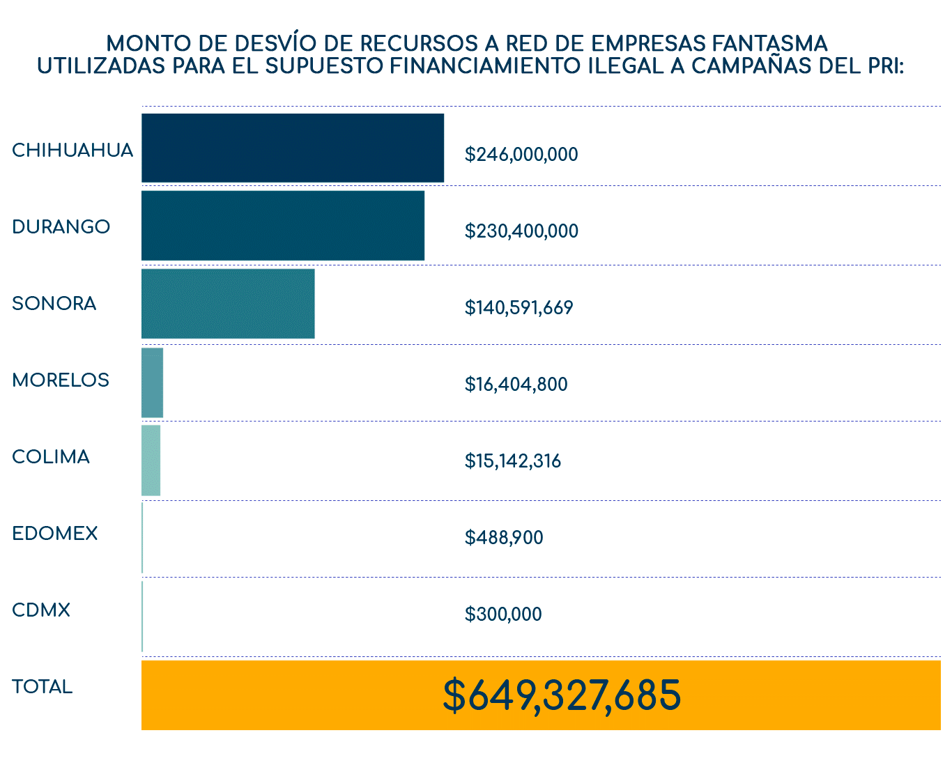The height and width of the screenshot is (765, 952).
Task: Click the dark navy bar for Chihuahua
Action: pos(293,148)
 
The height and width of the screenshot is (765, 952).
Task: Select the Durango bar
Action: pos(283,226)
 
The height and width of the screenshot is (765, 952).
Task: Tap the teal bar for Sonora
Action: pos(228,304)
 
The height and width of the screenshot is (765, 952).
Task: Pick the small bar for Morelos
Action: pos(152,382)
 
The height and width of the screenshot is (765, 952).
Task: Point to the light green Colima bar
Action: pos(151,461)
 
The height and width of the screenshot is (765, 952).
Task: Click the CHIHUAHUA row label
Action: pos(72,150)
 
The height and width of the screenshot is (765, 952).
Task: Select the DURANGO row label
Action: pos(61,227)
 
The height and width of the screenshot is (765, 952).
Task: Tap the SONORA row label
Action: pos(54,304)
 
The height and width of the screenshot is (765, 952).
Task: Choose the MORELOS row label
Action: pos(61,380)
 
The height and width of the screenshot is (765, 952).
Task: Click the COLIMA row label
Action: pos(51,457)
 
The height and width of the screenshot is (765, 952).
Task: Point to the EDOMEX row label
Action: pos(55,534)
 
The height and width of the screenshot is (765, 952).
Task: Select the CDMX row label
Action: pos(41,610)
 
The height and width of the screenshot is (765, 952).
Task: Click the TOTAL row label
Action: pos(43,687)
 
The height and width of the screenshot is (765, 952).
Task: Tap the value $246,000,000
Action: pos(521,154)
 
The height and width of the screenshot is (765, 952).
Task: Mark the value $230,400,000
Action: pos(521,231)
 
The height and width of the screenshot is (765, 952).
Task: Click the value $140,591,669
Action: pos(519,307)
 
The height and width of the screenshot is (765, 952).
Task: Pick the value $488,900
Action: pos(504,537)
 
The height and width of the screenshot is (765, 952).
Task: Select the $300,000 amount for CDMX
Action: pos(503,614)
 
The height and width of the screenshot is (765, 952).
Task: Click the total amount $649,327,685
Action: pos(562,695)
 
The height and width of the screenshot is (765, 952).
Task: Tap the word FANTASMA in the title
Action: pos(770,43)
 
